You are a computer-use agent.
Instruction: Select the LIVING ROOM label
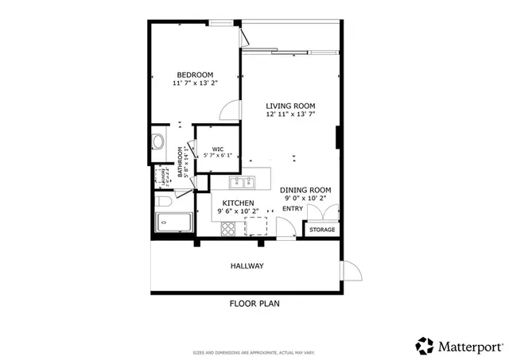pos(290,106)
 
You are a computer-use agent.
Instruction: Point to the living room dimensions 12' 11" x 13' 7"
pos(290,114)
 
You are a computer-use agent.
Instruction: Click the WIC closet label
pos(217,149)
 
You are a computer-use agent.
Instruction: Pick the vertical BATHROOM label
pos(181,162)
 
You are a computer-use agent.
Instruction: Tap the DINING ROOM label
pos(305,190)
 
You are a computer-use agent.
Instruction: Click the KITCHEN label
pos(238,203)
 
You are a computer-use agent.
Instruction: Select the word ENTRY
pos(293,209)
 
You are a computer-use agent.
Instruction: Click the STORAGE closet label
pos(322,230)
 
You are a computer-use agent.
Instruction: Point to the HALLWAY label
pos(247,265)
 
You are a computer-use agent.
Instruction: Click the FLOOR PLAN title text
pos(254,304)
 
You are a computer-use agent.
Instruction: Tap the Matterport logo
pos(459,346)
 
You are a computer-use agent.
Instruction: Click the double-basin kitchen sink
pos(242,183)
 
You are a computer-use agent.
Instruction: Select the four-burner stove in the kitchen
pos(228,229)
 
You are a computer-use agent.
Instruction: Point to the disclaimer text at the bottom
pos(254,352)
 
